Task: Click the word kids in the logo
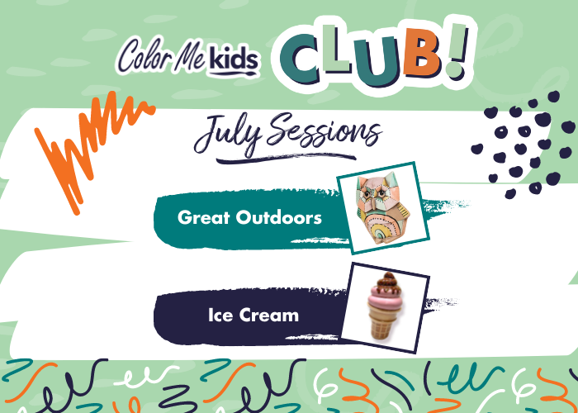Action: [234, 59]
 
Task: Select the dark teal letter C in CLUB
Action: [299, 59]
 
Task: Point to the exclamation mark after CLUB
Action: [457, 50]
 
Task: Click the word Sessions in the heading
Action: [320, 131]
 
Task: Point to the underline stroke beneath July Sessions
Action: [286, 158]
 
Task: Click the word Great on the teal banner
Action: [203, 217]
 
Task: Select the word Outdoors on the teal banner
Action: [279, 217]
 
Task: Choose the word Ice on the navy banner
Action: [220, 316]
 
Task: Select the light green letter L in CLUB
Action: [336, 50]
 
